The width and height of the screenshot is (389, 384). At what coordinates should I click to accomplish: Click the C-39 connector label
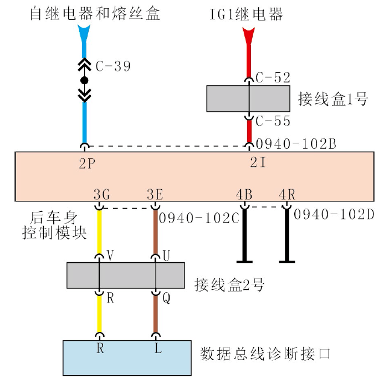(113, 66)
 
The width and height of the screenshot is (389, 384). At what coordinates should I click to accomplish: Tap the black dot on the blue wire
(84, 81)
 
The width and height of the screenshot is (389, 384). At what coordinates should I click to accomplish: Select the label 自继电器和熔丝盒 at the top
(95, 13)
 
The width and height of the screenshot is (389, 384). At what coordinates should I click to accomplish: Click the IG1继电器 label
(246, 14)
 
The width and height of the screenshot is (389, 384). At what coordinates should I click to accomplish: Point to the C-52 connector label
(273, 77)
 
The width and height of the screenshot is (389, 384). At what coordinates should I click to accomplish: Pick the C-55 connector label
(273, 121)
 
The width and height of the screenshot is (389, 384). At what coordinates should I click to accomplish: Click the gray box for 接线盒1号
(248, 98)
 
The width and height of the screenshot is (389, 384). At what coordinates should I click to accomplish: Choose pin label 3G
(101, 195)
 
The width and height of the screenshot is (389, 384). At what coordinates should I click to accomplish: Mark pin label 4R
(286, 195)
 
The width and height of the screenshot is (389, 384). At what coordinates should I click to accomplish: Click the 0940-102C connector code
(199, 217)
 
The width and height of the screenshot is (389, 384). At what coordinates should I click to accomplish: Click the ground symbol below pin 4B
(244, 261)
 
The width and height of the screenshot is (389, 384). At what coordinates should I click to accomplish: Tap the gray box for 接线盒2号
(125, 275)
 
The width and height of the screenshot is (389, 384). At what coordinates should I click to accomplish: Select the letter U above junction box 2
(166, 256)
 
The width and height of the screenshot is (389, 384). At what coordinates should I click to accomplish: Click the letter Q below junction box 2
(166, 298)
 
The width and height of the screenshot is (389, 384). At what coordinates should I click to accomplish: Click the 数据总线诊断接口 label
(265, 353)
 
